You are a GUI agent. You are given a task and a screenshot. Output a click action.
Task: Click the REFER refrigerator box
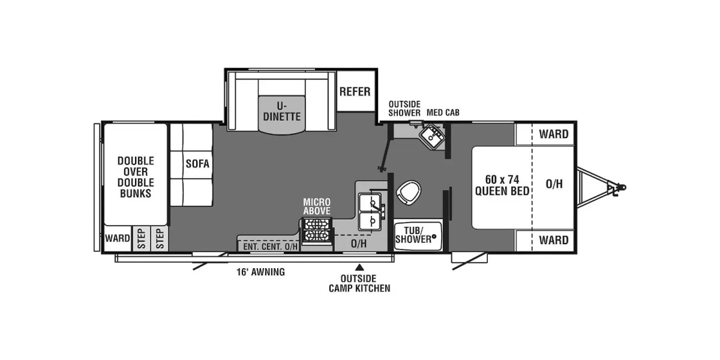click(x=355, y=92)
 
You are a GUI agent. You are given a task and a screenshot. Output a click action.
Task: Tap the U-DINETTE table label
click(x=282, y=112)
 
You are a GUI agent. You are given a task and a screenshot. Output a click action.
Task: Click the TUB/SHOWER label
click(x=413, y=235)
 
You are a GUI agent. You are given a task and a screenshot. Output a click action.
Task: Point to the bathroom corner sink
click(x=432, y=135)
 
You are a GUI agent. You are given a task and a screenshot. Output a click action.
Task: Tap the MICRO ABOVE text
click(x=317, y=207)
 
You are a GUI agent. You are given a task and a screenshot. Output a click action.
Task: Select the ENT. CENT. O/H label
click(x=270, y=247)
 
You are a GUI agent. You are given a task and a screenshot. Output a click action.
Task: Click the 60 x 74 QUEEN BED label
click(x=502, y=185)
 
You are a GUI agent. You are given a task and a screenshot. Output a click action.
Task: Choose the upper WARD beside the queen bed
click(x=553, y=134)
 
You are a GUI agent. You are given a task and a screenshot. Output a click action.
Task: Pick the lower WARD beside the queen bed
click(x=553, y=240)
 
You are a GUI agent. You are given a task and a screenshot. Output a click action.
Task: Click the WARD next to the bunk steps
click(x=117, y=238)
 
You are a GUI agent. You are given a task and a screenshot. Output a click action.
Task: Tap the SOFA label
click(x=198, y=164)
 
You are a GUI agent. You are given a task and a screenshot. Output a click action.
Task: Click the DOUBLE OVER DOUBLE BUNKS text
click(x=135, y=177)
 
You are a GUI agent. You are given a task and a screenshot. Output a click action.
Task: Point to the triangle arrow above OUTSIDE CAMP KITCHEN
click(x=359, y=267)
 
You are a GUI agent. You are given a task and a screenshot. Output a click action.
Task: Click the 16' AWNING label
click(x=261, y=272)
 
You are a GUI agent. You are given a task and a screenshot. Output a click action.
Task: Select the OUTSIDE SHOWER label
click(x=404, y=108)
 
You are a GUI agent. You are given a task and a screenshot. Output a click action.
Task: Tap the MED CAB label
click(x=443, y=112)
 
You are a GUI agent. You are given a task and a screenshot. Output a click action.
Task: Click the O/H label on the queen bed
click(x=554, y=184)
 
